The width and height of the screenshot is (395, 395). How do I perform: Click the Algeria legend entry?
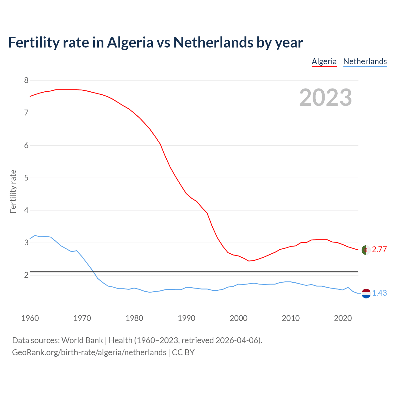(x=324, y=61)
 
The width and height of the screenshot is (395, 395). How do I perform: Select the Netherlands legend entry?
(x=365, y=61)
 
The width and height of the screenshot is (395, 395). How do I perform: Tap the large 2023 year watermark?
(x=326, y=98)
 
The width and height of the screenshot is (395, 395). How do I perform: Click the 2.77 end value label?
(x=379, y=250)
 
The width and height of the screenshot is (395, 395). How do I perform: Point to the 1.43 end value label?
(x=379, y=293)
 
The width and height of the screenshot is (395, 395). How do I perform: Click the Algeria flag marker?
(x=366, y=250)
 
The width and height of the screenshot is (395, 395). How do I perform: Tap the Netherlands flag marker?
(x=366, y=293)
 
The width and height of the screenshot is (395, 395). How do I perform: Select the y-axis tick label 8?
(x=26, y=81)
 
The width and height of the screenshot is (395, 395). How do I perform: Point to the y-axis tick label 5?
(x=26, y=178)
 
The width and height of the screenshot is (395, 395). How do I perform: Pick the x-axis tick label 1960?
(x=30, y=318)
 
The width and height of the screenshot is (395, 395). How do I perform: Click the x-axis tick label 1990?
(x=186, y=318)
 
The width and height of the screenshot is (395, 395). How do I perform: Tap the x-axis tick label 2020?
(x=343, y=318)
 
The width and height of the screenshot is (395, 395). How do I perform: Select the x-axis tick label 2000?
(x=239, y=318)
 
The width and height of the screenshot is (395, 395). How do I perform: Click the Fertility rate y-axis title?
(x=13, y=191)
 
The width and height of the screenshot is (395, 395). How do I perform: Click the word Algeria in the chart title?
(x=130, y=42)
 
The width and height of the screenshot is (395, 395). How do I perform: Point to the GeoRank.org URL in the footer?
(x=89, y=352)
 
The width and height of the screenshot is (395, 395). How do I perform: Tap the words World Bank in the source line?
(x=82, y=340)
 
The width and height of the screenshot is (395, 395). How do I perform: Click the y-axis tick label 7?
(x=26, y=113)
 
